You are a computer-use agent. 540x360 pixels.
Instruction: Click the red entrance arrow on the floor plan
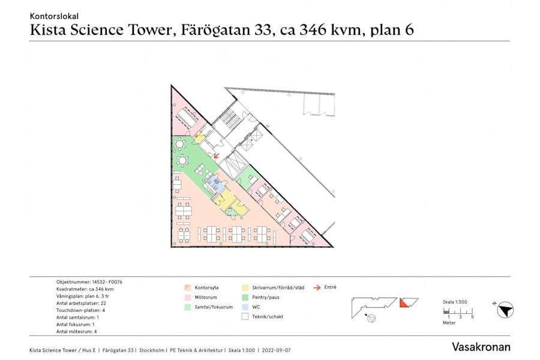point(216,154)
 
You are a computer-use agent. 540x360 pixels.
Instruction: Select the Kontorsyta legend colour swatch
point(187,287)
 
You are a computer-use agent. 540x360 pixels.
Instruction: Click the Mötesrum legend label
point(205,297)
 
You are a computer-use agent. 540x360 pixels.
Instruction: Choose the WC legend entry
point(256,307)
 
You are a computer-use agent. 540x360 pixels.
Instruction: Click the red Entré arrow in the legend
point(317,287)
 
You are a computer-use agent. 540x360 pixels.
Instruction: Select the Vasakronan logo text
point(481,347)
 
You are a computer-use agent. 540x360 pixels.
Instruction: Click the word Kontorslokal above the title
point(54,16)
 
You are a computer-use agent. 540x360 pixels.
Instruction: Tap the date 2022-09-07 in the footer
point(276,350)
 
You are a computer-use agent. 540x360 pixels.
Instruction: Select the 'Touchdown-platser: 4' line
point(80,310)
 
